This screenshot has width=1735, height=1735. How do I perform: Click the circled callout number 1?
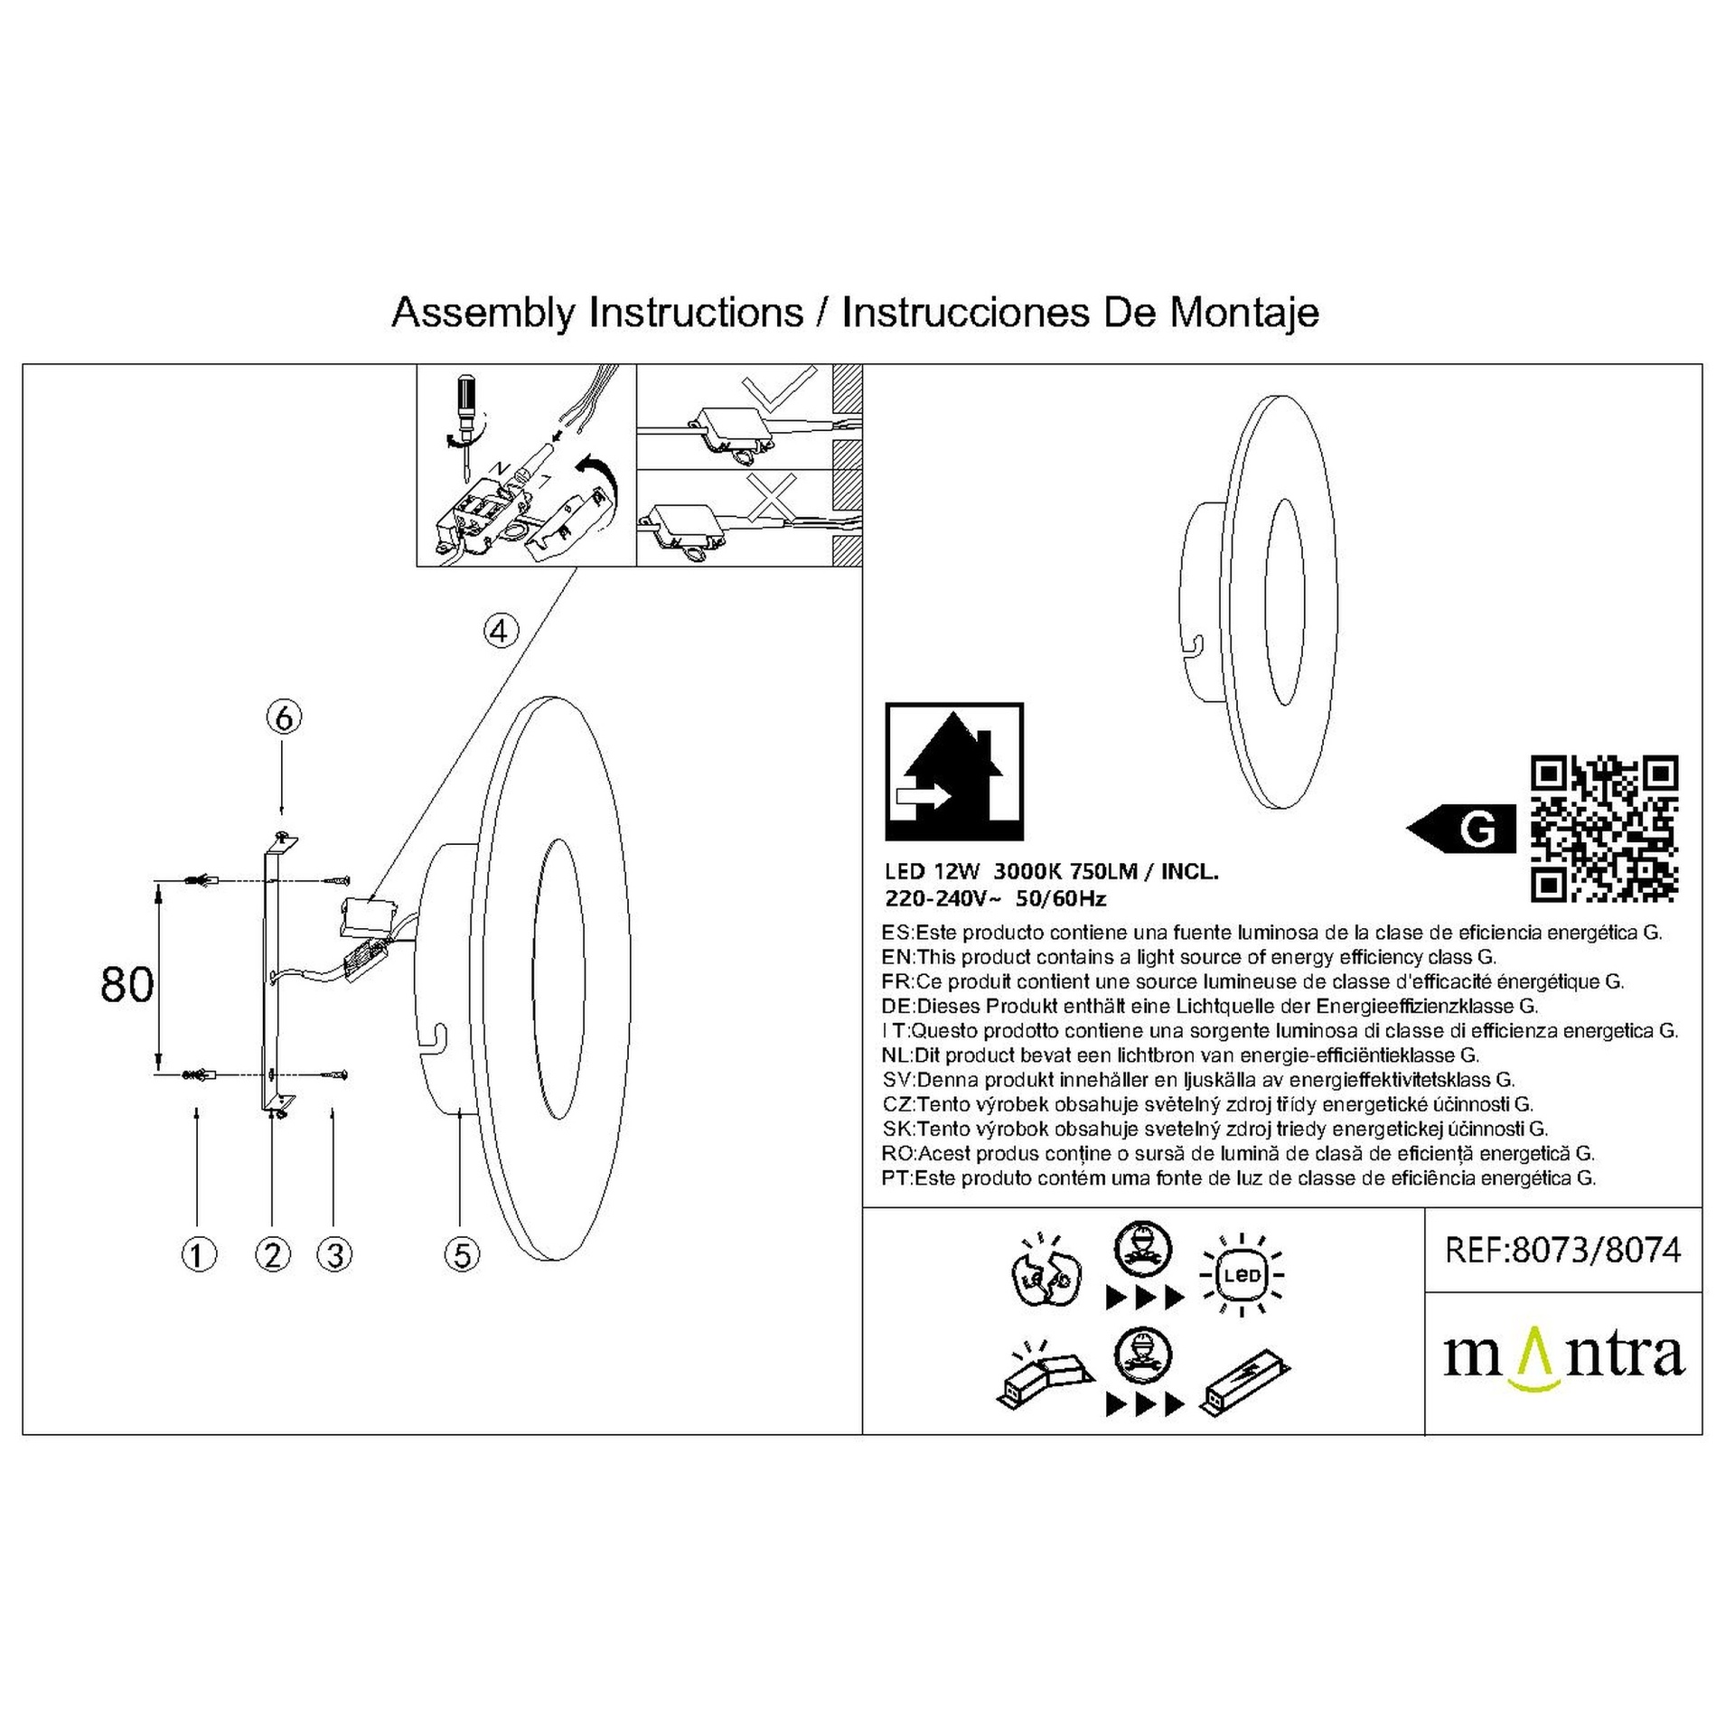coord(199,1254)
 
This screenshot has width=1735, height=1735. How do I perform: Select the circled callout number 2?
coord(273,1254)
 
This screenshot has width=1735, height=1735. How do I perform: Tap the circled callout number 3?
coord(334,1254)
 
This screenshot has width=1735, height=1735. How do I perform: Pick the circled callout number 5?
coord(462,1254)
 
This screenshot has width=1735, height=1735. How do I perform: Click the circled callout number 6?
coord(284,718)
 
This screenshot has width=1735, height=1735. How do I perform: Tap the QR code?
coord(1605,830)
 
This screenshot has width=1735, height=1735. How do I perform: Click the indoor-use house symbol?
coord(954,773)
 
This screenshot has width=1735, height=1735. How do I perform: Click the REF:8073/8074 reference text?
coord(1563,1250)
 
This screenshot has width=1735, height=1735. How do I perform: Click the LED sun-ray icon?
coord(1242,1276)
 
